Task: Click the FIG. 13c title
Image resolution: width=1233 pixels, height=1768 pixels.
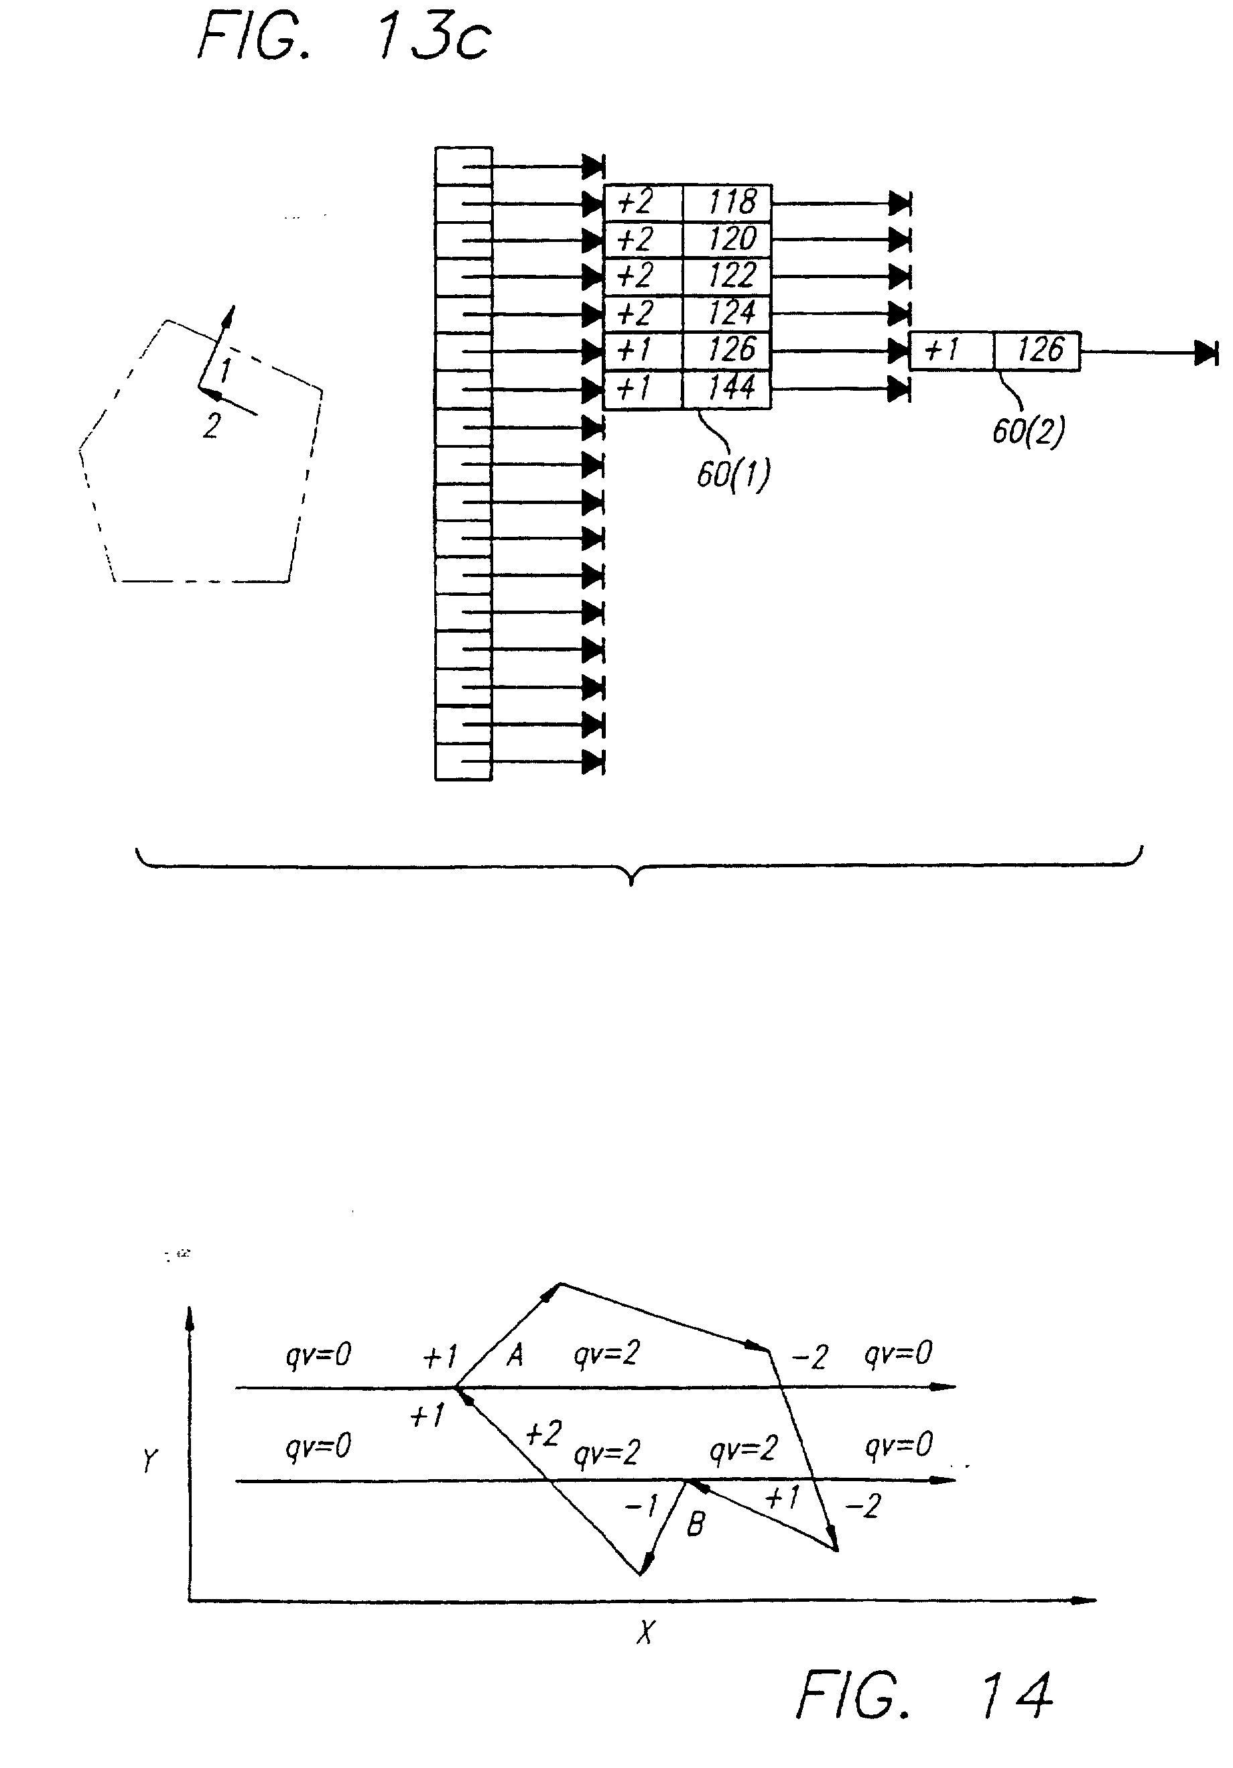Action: pyautogui.click(x=344, y=38)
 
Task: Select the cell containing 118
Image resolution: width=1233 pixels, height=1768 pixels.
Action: pyautogui.click(x=727, y=202)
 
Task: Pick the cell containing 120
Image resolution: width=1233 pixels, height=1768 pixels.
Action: pyautogui.click(x=727, y=239)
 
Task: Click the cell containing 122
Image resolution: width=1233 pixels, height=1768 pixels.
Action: pyautogui.click(x=727, y=275)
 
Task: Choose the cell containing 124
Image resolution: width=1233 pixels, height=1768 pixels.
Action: pyautogui.click(x=727, y=312)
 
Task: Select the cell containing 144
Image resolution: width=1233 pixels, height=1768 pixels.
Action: pyautogui.click(x=727, y=388)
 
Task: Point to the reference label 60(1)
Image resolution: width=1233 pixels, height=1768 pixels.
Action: pyautogui.click(x=732, y=474)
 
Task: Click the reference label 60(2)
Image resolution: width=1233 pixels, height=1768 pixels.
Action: pyautogui.click(x=1027, y=431)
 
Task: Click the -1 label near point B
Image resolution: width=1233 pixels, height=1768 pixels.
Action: pyautogui.click(x=641, y=1505)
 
